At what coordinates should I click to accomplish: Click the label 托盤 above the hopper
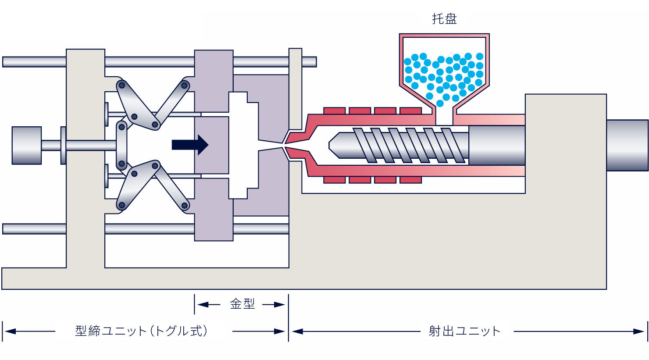tap(445, 19)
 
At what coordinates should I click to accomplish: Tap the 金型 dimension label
tap(242, 304)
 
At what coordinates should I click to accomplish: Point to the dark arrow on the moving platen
tap(190, 145)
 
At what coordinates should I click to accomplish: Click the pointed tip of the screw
tap(329, 145)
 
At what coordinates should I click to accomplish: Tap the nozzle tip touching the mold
tap(285, 145)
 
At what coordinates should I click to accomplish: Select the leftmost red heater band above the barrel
tap(334, 110)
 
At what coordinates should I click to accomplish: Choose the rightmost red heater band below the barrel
tap(410, 180)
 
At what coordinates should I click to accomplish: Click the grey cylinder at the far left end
tap(27, 146)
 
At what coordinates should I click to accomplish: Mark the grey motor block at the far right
tap(627, 145)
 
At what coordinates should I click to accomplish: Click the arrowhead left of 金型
tap(203, 304)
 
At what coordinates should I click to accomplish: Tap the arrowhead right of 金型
tap(280, 304)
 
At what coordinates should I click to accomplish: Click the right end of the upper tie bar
tap(316, 62)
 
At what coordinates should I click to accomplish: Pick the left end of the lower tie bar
tap(3, 229)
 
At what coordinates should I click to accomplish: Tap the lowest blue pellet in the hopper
tap(440, 103)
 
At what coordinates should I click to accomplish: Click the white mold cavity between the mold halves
tap(243, 145)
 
